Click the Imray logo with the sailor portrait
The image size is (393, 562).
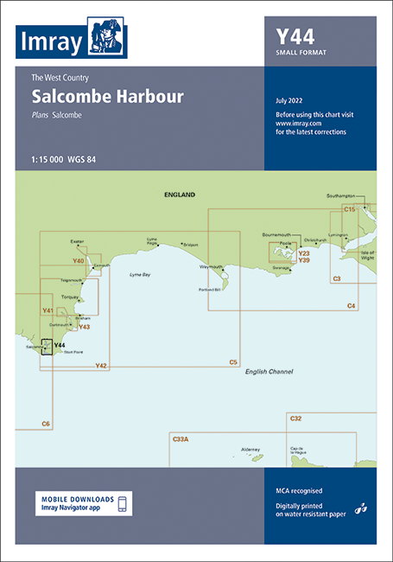(x=72, y=39)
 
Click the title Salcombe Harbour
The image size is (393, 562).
(x=108, y=96)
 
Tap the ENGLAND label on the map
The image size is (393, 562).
(x=180, y=195)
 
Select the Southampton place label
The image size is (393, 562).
(x=346, y=197)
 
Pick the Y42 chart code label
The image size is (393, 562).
(x=101, y=366)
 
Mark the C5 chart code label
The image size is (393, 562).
(x=232, y=361)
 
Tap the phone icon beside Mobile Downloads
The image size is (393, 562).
(x=123, y=504)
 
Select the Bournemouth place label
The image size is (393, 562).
(x=278, y=234)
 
